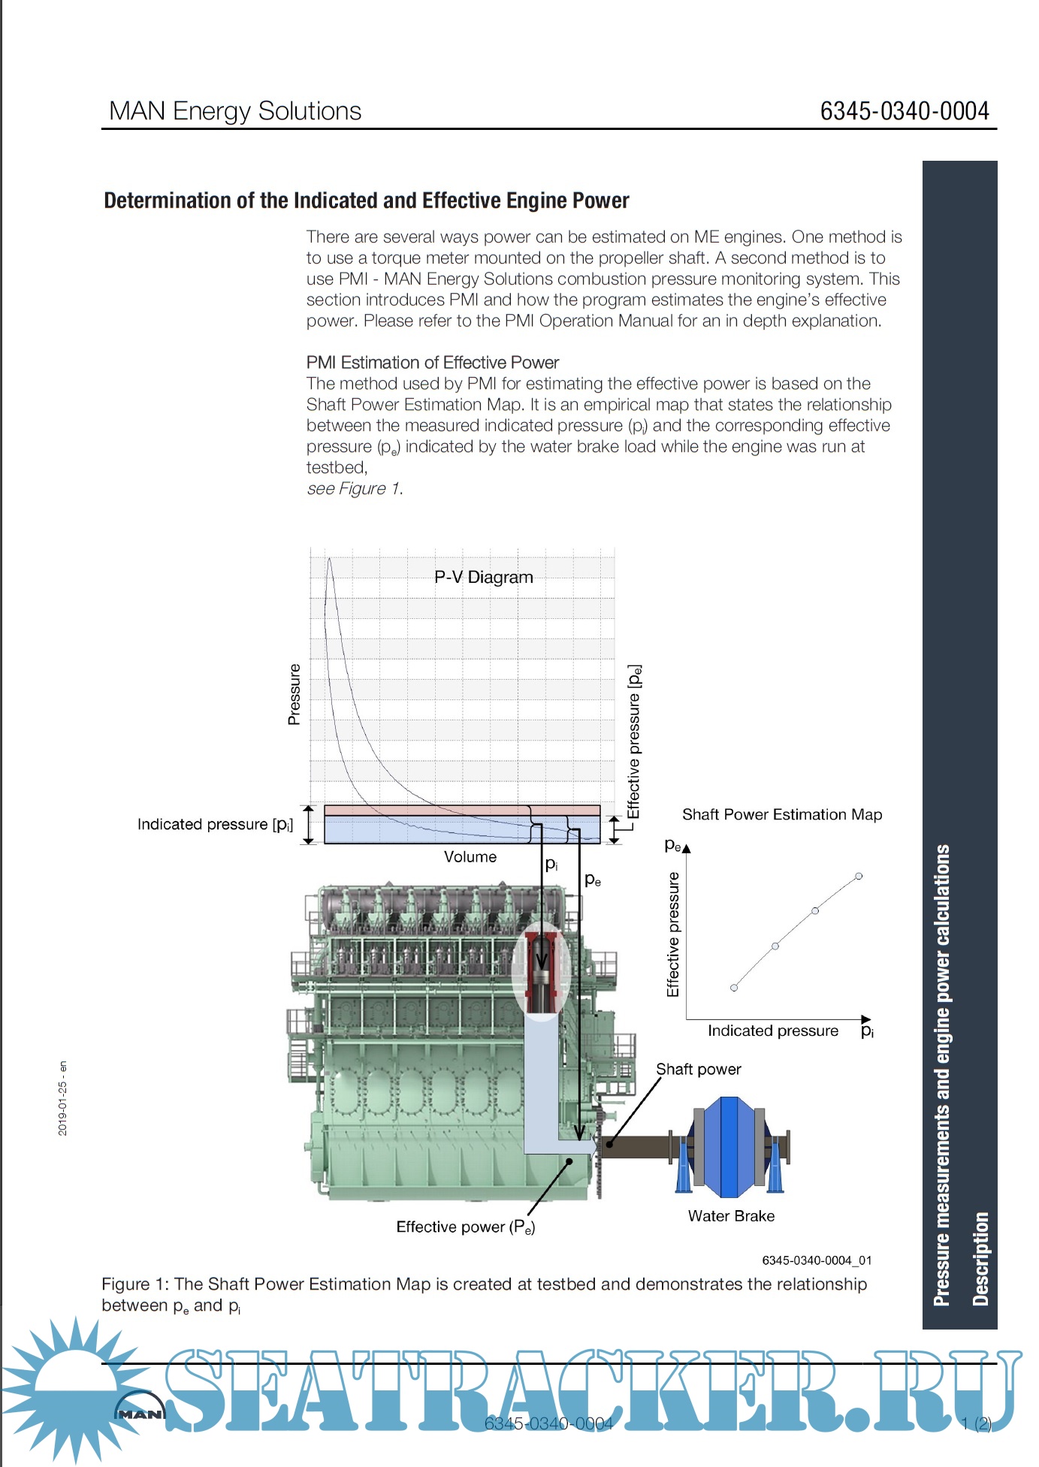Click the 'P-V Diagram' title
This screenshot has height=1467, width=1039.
(x=483, y=577)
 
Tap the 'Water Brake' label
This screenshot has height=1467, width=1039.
(x=730, y=1215)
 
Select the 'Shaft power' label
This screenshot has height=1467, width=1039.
(x=698, y=1069)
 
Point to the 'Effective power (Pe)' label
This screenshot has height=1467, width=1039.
(x=465, y=1227)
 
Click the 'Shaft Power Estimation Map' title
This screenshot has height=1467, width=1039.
(x=781, y=814)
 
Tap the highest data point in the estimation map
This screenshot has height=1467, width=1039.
(x=859, y=876)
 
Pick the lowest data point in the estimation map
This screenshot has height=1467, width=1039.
(x=734, y=988)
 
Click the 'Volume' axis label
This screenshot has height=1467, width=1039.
(x=470, y=856)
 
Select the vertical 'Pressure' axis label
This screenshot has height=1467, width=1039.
(x=294, y=694)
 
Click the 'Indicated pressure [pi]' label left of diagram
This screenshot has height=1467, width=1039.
(x=215, y=824)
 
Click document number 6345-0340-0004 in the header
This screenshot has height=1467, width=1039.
(x=904, y=111)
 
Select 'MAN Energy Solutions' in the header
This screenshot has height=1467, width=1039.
(x=235, y=111)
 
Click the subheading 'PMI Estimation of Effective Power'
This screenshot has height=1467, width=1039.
(x=432, y=362)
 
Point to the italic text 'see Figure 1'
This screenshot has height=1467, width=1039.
(x=353, y=488)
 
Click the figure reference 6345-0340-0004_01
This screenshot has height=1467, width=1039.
(x=816, y=1260)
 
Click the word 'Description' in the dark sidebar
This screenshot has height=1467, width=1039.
(x=980, y=1257)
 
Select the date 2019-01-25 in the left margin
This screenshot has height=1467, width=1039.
(x=62, y=1098)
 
